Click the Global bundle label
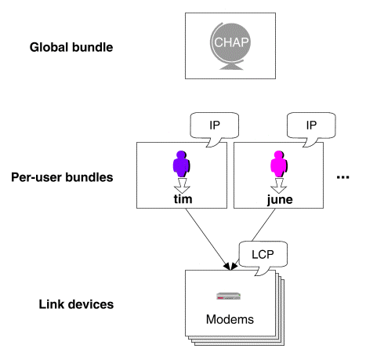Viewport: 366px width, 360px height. [x=71, y=47]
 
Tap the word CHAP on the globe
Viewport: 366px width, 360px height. [x=231, y=42]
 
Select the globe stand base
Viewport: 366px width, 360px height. [x=231, y=67]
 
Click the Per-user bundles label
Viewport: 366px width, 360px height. [x=62, y=177]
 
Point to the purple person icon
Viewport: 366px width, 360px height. [x=181, y=164]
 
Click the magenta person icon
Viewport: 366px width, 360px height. [x=278, y=164]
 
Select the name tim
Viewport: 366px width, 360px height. [x=183, y=199]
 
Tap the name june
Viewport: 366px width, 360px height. [x=280, y=200]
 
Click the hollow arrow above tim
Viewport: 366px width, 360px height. [x=182, y=186]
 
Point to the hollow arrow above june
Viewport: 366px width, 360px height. [x=279, y=186]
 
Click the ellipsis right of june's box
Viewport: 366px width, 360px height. [x=342, y=177]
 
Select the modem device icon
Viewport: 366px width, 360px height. [x=228, y=296]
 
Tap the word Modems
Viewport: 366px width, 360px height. [x=230, y=319]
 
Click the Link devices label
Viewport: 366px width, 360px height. [x=76, y=304]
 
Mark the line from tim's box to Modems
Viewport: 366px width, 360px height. [x=208, y=239]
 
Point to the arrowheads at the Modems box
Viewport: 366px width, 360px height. [x=230, y=266]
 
